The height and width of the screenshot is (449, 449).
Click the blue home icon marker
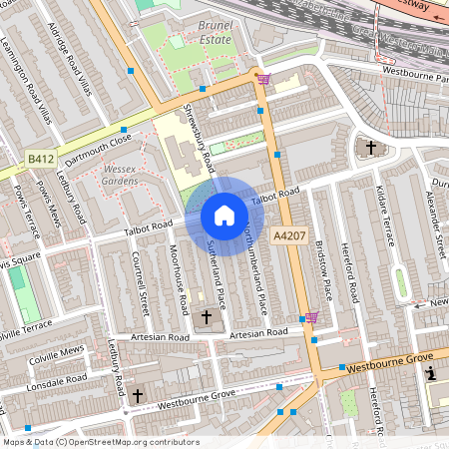224,216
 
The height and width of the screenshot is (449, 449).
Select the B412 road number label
40,159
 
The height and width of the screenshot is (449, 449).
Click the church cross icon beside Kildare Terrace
371,148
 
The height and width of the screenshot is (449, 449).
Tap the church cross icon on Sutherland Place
207,317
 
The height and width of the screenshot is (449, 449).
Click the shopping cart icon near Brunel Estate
262,78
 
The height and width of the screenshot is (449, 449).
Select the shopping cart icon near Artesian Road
310,318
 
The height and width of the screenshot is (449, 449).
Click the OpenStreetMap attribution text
100,442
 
